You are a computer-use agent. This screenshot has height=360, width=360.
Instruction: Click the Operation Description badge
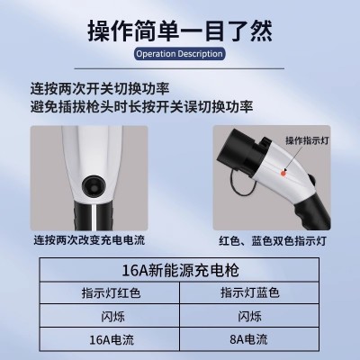point(179,54)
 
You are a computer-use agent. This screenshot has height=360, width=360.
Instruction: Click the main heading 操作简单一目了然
point(180,31)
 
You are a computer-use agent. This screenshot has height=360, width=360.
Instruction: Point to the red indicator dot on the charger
point(283,173)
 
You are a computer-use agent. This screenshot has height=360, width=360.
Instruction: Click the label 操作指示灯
point(307,140)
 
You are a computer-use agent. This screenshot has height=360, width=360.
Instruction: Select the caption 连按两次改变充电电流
point(89,240)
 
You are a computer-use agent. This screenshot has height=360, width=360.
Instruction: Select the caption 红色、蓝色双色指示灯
point(273,241)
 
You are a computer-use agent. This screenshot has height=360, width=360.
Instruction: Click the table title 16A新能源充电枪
point(180,270)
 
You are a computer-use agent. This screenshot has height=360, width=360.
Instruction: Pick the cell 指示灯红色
point(111,292)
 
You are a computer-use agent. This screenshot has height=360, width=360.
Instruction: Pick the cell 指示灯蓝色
point(250,292)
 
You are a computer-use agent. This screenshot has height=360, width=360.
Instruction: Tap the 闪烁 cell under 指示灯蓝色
point(249,316)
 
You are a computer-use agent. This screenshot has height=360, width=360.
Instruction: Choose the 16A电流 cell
point(112,340)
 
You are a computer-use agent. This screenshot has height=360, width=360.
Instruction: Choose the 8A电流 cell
point(248,339)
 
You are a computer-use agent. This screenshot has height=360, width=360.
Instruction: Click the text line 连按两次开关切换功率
point(100,89)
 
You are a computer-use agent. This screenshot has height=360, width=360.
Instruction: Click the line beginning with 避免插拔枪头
point(141,107)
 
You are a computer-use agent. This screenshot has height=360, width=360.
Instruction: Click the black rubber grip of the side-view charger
point(312,210)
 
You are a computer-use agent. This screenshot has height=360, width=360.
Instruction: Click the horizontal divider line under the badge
point(179,68)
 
